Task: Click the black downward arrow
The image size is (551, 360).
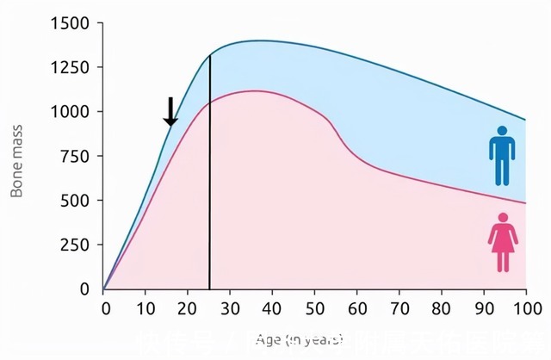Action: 170,111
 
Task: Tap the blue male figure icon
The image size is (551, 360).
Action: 501,156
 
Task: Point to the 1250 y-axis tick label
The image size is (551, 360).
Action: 72,67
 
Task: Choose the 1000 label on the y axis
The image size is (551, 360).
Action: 72,112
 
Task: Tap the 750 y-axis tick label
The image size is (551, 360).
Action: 77,156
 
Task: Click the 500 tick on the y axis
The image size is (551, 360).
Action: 77,201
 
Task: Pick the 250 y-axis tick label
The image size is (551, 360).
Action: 77,245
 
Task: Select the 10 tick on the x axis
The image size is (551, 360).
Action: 146,308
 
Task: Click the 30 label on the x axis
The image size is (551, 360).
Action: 231,308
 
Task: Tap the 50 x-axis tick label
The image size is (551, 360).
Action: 315,308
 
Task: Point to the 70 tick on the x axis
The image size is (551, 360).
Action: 399,308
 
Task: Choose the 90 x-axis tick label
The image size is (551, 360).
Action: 484,308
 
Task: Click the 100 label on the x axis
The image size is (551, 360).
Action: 524,308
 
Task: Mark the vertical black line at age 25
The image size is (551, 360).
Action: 210,172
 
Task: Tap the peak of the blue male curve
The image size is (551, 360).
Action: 257,40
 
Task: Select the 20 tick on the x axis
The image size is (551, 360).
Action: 189,308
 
